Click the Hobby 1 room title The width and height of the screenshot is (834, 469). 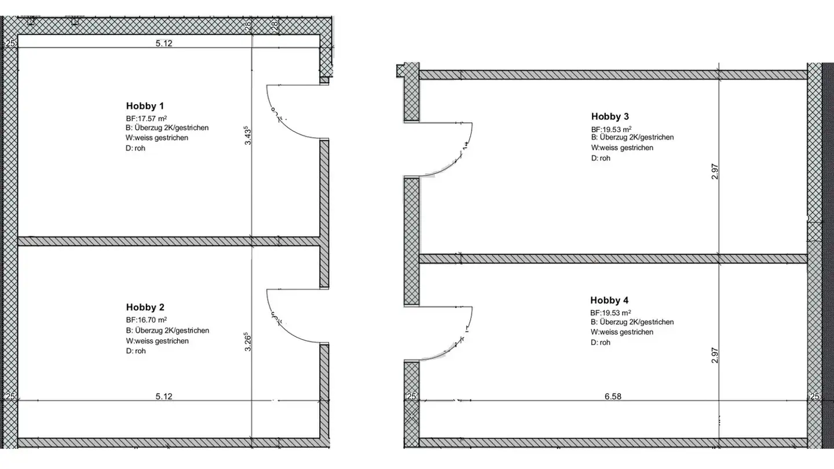tap(145, 106)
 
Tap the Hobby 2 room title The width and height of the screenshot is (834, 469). tap(145, 307)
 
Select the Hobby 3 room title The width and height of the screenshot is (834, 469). tap(610, 116)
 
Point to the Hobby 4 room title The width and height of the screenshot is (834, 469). tap(609, 301)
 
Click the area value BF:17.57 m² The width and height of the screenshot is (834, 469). tap(147, 118)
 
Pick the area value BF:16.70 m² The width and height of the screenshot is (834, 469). tap(147, 320)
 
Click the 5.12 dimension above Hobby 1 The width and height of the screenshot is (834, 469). tap(164, 43)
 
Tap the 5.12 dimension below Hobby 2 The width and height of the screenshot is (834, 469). tap(164, 397)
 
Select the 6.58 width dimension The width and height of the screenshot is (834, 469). tap(612, 397)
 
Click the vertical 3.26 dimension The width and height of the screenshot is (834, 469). tap(248, 342)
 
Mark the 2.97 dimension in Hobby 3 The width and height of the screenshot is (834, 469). tap(715, 171)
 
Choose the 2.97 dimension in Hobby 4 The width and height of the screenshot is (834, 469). tap(715, 355)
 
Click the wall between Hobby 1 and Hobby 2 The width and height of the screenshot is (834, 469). tap(168, 241)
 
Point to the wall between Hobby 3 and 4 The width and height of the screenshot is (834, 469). tap(612, 258)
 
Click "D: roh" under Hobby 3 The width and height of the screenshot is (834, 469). tap(601, 158)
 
